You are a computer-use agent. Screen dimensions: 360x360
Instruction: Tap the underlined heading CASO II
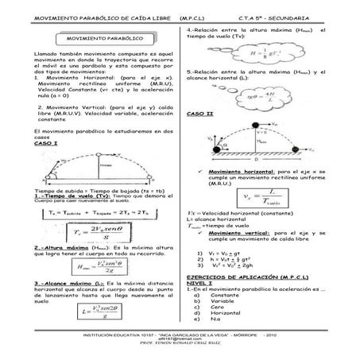tap(196, 114)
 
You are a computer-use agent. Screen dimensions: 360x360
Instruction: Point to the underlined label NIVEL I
tap(199, 279)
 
